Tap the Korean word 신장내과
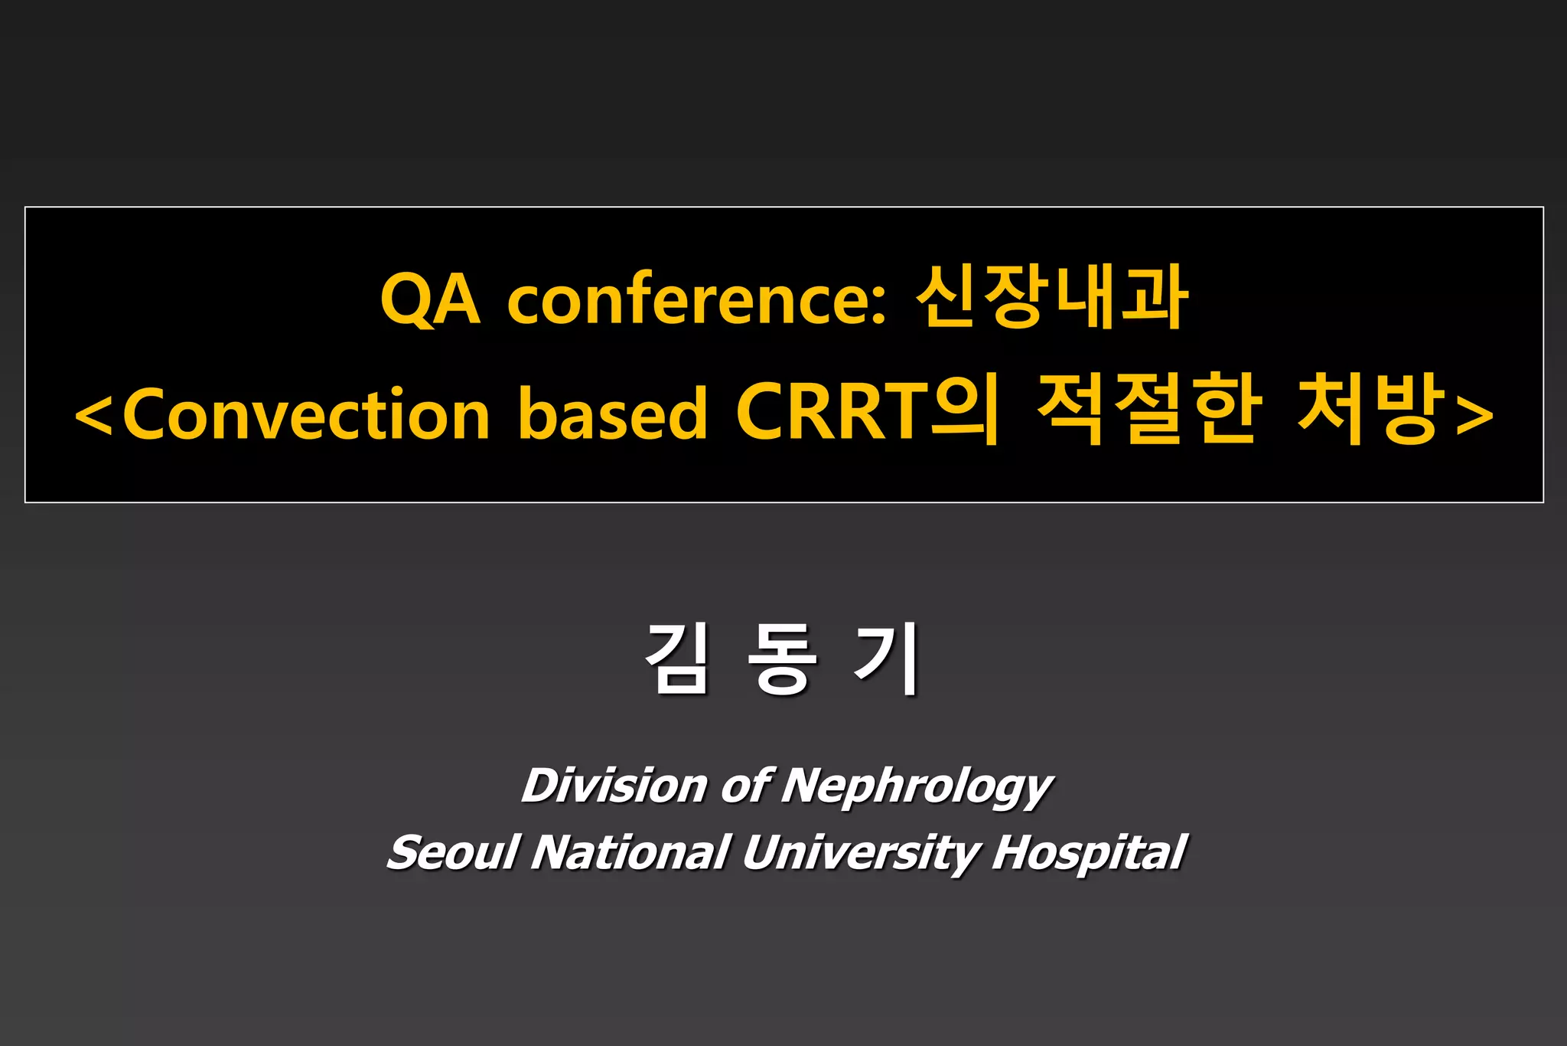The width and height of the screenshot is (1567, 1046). click(x=1052, y=297)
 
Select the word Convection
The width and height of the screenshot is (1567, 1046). click(x=305, y=413)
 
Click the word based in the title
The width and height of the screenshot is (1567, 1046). click(x=613, y=413)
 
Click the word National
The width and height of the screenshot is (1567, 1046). click(x=630, y=852)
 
